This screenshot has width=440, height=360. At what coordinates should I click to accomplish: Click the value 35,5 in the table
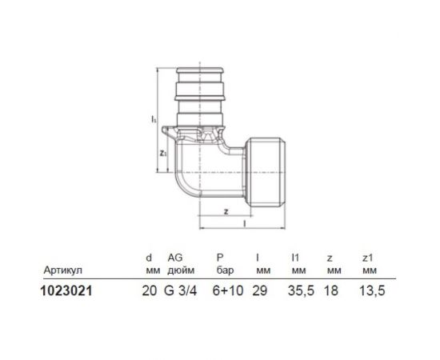297,293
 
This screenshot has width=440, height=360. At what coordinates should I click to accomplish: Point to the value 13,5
370,293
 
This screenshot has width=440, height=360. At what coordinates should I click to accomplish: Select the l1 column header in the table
294,258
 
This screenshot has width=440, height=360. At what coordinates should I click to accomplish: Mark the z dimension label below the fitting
228,211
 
